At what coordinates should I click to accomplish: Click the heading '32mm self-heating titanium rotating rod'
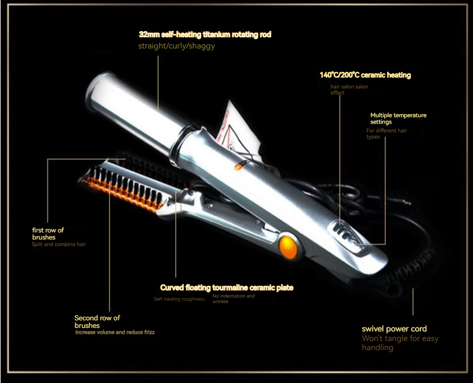click(205, 35)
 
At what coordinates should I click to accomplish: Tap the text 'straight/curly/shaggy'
click(176, 46)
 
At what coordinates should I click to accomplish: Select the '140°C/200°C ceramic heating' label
click(365, 75)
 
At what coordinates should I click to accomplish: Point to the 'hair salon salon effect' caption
click(349, 90)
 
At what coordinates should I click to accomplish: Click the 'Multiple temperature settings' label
click(398, 118)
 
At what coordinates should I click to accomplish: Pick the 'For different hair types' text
click(386, 133)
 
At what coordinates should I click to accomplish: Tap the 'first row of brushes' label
click(48, 233)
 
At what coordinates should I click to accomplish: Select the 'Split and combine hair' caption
click(59, 245)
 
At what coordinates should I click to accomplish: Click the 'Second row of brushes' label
click(97, 321)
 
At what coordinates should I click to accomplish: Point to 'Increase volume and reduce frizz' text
click(115, 332)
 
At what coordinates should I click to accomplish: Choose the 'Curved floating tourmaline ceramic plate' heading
click(227, 288)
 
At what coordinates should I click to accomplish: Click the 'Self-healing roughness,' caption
click(180, 299)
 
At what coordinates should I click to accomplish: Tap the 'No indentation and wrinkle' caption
click(233, 299)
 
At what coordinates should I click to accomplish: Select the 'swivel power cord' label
click(394, 329)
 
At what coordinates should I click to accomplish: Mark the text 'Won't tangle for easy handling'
click(400, 343)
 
